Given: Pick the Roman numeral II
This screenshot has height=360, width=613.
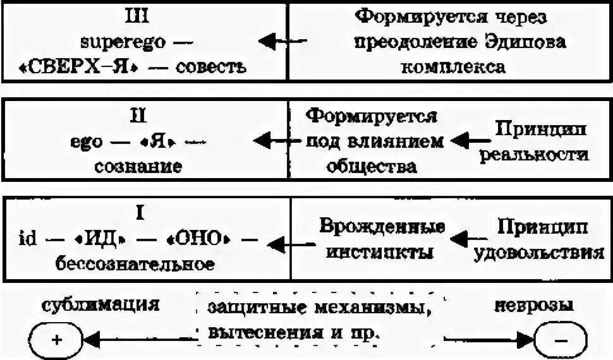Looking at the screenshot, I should pos(138,116).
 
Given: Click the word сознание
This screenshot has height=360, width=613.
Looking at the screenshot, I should pos(139,165).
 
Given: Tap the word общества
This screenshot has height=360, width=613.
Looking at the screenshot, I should pos(370,165).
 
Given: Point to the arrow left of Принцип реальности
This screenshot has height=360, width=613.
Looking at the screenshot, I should pos(468,140).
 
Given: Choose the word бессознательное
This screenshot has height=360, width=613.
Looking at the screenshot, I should pos(135,263).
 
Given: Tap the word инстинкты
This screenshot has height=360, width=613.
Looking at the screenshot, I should pos(376,252).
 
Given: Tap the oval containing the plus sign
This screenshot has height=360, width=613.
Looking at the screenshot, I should pos(56,340).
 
